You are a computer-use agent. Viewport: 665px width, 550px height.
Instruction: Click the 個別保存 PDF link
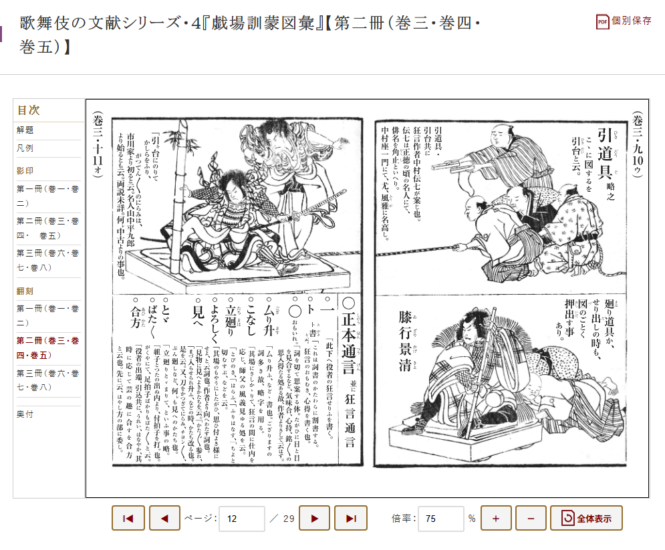coord(624,21)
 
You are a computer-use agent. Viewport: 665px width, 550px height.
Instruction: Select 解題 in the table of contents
coord(25,130)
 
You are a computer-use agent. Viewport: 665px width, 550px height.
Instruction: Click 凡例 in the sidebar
coord(25,148)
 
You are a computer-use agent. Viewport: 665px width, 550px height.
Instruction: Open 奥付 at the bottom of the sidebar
coord(25,414)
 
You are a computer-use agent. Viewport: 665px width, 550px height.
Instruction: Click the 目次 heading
coord(28,110)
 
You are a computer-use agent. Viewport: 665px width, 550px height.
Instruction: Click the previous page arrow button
coord(164,518)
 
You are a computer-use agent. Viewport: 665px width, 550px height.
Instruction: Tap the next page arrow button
coord(314,518)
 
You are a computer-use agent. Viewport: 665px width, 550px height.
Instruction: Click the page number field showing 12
coord(241,518)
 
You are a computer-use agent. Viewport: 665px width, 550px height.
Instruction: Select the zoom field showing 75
coord(440,518)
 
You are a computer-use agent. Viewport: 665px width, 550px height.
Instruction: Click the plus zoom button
coord(496,518)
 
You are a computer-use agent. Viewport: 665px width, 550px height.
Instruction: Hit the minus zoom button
coord(531,518)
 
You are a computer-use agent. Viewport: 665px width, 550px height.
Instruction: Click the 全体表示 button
coord(586,518)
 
